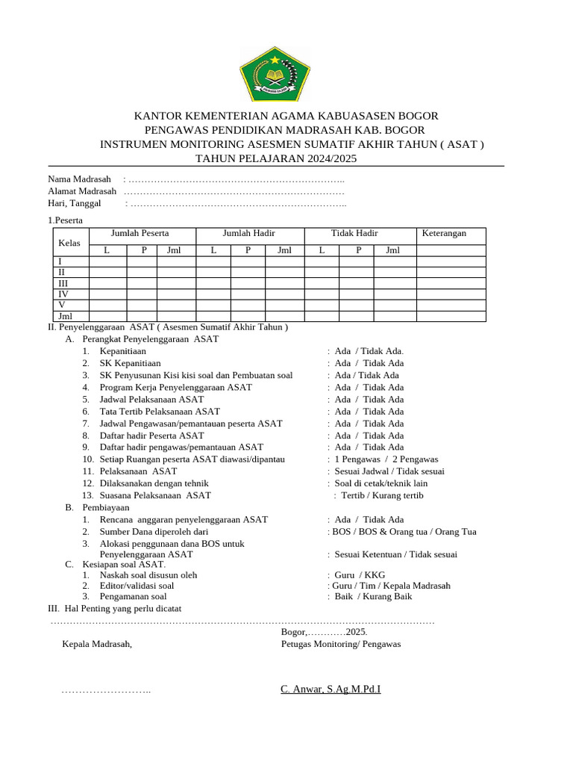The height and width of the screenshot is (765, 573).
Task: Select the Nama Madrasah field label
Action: (x=79, y=179)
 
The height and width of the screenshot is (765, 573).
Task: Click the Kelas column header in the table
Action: (x=69, y=243)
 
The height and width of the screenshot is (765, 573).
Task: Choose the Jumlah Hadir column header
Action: (x=249, y=234)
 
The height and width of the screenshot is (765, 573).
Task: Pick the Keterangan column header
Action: (x=444, y=234)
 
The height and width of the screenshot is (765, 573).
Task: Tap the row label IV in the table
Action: (x=63, y=294)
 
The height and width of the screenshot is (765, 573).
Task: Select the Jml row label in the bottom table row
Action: (x=65, y=317)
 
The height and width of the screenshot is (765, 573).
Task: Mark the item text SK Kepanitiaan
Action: (x=130, y=363)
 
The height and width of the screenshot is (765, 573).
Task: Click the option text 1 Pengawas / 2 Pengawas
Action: (x=386, y=459)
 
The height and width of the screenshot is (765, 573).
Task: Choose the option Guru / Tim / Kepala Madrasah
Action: (x=391, y=586)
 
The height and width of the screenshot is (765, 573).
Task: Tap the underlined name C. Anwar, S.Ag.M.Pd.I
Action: (x=331, y=689)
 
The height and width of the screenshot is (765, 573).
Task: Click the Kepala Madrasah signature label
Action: (x=97, y=643)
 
